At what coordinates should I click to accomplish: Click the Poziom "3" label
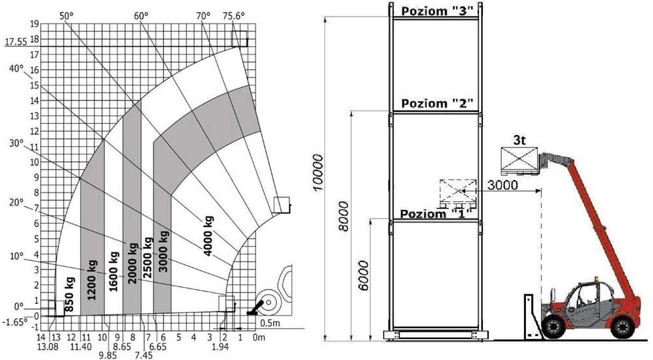click(437, 10)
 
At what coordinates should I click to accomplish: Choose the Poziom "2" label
click(437, 104)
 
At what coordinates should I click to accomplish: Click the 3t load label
click(520, 140)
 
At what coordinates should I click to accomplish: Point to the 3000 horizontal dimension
click(502, 185)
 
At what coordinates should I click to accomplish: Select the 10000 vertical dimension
click(317, 173)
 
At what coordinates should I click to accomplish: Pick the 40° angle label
click(17, 68)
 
